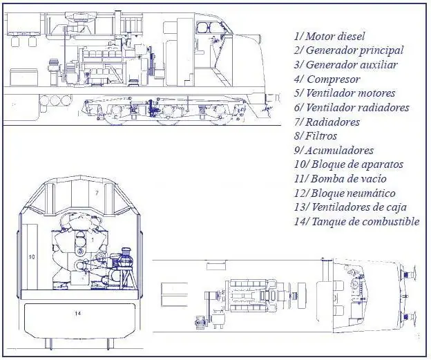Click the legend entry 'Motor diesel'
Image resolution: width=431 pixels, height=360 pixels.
point(335,36)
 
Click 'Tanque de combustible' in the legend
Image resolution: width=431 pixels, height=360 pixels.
point(364,222)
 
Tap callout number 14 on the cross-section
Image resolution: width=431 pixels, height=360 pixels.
point(77,313)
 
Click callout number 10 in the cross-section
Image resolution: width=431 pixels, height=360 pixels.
point(30,256)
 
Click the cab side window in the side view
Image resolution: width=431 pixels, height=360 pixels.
point(207,28)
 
